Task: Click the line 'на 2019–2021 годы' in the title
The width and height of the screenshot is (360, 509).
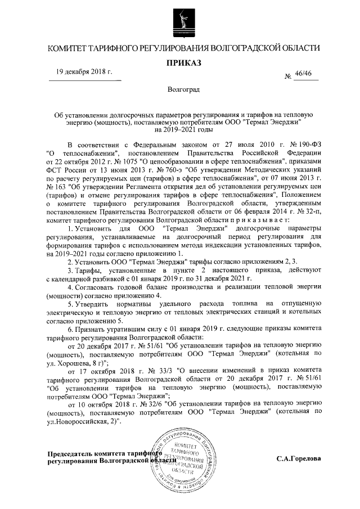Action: click(x=179, y=129)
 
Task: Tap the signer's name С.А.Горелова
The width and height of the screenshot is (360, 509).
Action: click(x=298, y=458)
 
